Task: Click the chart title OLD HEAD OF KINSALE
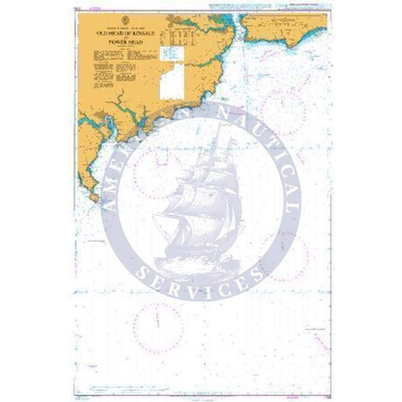125,33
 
